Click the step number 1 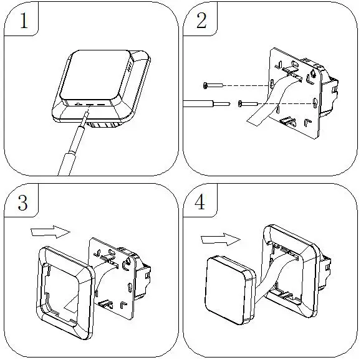pos(24,21)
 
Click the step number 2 pos(201,21)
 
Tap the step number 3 pos(22,202)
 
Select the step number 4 pos(200,202)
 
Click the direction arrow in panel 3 pos(50,232)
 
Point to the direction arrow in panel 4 pos(221,239)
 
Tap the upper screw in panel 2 pos(213,85)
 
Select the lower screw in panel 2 pos(248,104)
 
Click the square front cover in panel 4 pos(230,290)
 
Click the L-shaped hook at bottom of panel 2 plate pos(307,122)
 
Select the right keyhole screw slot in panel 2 pos(315,103)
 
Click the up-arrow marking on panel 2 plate pos(313,73)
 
